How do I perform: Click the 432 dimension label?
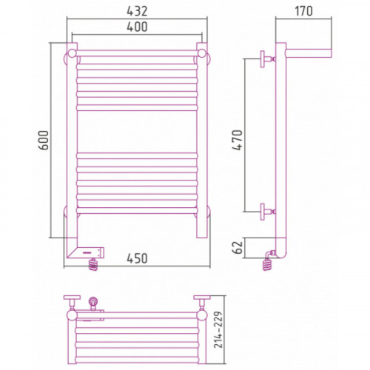(137, 11)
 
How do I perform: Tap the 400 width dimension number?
(137, 27)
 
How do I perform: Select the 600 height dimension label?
(44, 140)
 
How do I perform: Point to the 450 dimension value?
(137, 258)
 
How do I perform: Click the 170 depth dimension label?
(303, 11)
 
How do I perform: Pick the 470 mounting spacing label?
(238, 140)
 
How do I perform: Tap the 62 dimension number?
(238, 247)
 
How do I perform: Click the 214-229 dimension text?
(218, 329)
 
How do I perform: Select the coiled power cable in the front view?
(93, 264)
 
